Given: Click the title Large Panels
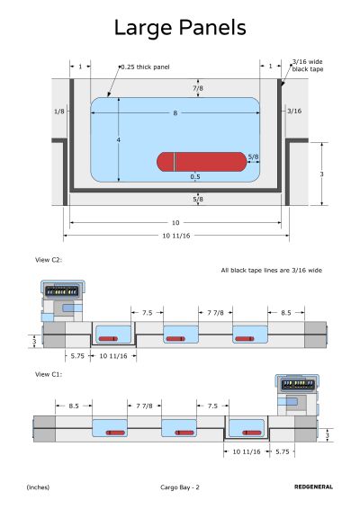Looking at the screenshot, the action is [180, 28].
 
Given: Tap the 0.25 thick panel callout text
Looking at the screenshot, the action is [145, 67].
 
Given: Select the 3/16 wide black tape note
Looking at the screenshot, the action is [308, 66].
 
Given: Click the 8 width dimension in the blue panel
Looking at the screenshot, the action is [175, 113].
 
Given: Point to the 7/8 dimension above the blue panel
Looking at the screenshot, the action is [198, 88].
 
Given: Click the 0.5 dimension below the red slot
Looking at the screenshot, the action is [195, 177].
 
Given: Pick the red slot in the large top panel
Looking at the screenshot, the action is [202, 162].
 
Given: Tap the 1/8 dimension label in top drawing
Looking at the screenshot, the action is [59, 112].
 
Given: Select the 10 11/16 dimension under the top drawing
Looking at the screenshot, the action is [176, 236].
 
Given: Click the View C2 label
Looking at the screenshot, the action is [49, 260].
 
